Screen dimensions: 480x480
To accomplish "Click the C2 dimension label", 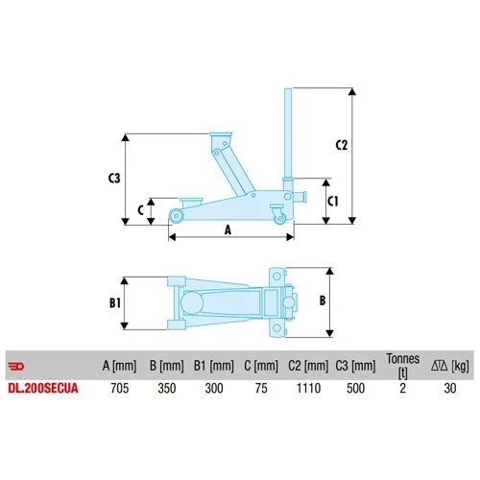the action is (341, 145).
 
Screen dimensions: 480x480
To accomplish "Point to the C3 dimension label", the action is (114, 178).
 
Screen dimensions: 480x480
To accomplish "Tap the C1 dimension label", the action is (333, 202).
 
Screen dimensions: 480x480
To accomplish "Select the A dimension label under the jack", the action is (228, 229).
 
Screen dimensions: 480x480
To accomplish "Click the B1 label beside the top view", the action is (115, 302).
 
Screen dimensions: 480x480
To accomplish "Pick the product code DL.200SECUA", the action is (43, 388).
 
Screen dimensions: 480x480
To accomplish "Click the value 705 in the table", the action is (120, 388).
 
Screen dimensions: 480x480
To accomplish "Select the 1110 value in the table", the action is (308, 388).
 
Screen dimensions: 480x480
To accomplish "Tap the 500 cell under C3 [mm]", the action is (355, 388).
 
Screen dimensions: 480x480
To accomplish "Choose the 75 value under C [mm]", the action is (261, 388).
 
